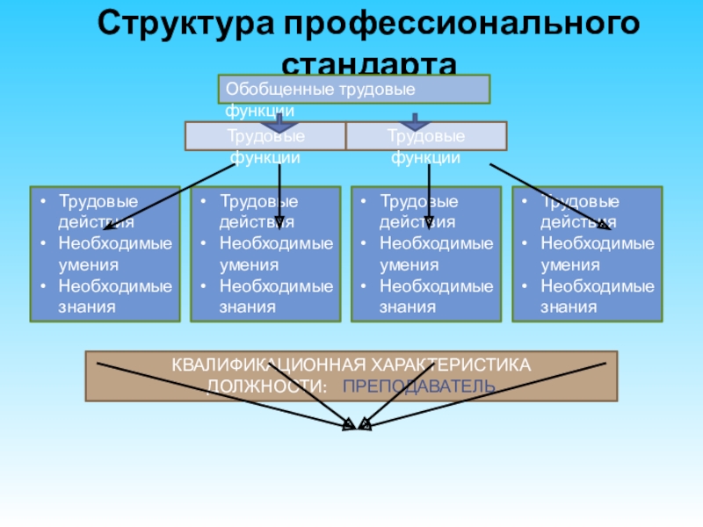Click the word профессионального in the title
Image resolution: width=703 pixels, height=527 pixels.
click(456, 24)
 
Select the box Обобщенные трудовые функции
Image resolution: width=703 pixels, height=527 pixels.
click(353, 90)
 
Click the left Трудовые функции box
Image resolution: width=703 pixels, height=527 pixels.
click(265, 137)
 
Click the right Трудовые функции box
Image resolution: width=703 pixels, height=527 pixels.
click(426, 137)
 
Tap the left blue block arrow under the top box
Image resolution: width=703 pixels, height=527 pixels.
click(280, 121)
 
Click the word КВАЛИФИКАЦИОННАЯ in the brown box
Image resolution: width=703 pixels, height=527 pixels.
click(251, 365)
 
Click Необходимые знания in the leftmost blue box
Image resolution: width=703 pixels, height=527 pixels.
click(115, 296)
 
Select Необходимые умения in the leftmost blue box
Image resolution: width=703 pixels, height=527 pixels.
click(115, 253)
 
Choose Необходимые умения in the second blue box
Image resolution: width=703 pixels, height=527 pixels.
click(276, 253)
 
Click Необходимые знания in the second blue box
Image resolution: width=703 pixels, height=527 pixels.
click(276, 296)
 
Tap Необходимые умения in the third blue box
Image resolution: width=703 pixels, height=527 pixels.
click(436, 253)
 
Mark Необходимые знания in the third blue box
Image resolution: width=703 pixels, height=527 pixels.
click(436, 296)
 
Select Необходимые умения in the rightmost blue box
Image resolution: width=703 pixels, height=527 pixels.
click(597, 253)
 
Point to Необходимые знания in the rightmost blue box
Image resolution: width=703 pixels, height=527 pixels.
click(597, 296)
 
